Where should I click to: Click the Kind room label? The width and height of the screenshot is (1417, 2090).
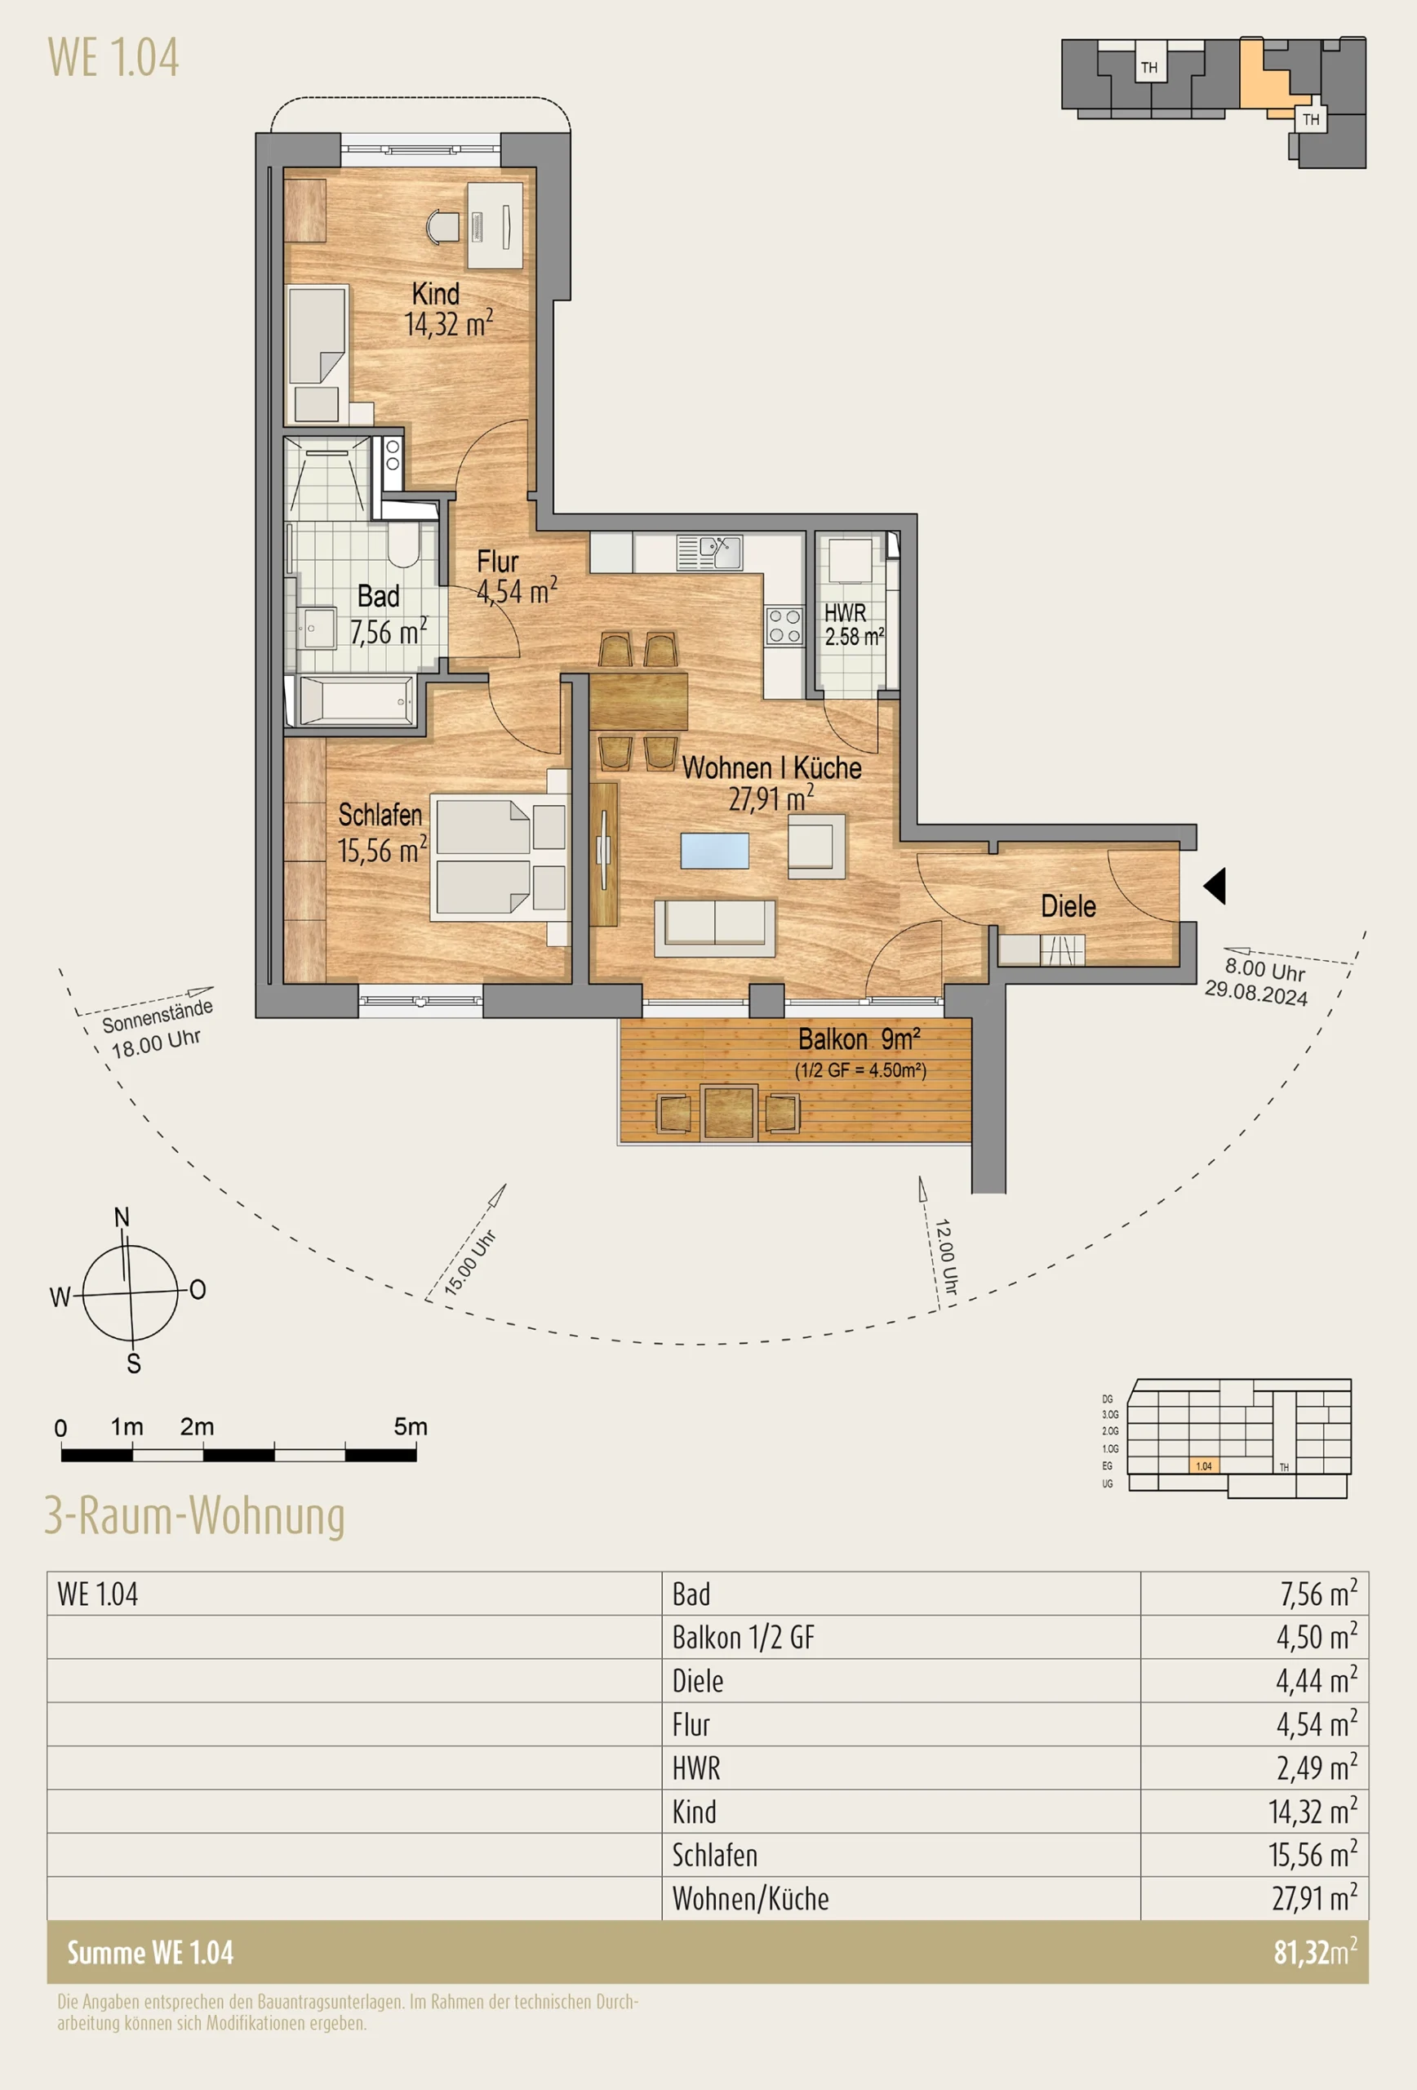tap(436, 293)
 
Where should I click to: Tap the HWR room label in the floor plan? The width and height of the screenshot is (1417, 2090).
tap(845, 612)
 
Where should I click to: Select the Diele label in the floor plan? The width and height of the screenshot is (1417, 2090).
tap(1068, 905)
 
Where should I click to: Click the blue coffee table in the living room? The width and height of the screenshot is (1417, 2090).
tap(715, 851)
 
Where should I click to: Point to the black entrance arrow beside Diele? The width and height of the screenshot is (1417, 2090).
tap(1215, 886)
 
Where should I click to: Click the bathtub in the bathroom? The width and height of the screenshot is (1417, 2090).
tap(356, 699)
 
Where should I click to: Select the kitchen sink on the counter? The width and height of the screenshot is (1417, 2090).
tap(709, 552)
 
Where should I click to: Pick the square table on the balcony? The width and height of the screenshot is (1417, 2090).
tap(728, 1113)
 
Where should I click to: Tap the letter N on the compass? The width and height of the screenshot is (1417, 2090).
tap(122, 1217)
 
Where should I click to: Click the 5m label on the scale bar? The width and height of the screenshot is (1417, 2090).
tap(410, 1426)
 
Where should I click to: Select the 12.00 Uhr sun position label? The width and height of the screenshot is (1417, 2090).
tap(946, 1257)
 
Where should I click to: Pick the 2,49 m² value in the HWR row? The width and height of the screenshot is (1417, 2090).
tap(1317, 1768)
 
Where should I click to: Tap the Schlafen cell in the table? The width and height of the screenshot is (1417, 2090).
tap(715, 1854)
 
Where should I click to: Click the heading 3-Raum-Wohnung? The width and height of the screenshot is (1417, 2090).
tap(194, 1516)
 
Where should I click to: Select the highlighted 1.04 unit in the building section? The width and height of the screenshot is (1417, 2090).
tap(1203, 1466)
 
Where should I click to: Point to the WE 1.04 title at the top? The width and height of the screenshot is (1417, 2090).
tap(113, 57)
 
